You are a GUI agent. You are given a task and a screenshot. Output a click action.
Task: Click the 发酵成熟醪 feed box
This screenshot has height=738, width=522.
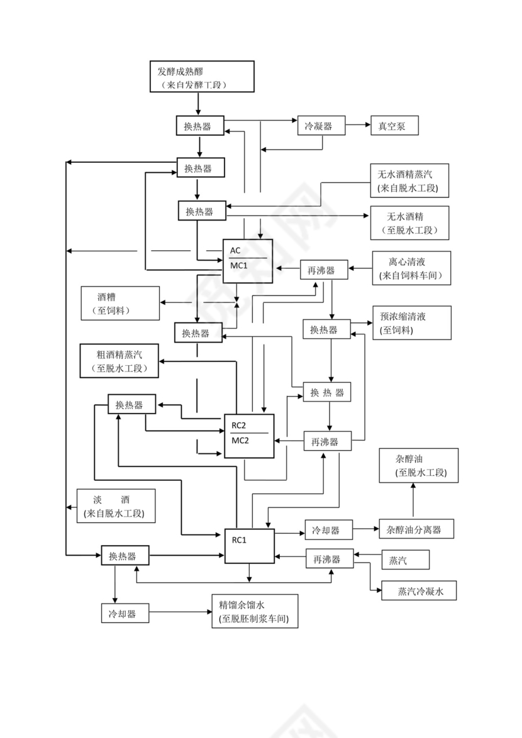(201, 77)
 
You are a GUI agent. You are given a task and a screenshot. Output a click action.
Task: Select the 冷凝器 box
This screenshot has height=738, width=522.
(323, 126)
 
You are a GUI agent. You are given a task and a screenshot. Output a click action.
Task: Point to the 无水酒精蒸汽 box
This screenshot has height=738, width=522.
(410, 180)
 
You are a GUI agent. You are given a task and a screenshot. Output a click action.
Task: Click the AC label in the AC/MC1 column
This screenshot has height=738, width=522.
(235, 250)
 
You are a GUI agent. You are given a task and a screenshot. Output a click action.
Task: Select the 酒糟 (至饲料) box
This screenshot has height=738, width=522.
(119, 303)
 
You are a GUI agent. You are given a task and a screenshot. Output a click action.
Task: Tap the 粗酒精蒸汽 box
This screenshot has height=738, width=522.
(119, 361)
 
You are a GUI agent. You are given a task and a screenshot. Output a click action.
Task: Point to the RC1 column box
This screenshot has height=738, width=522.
(249, 546)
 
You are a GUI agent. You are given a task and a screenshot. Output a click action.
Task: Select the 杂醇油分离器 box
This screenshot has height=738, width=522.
(416, 529)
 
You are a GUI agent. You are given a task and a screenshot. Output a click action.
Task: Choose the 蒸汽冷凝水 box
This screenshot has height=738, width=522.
(419, 591)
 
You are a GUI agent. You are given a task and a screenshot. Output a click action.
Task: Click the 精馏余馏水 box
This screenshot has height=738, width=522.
(255, 611)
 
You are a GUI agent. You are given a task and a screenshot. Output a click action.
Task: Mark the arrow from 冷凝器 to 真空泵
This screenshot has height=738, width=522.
(358, 126)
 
